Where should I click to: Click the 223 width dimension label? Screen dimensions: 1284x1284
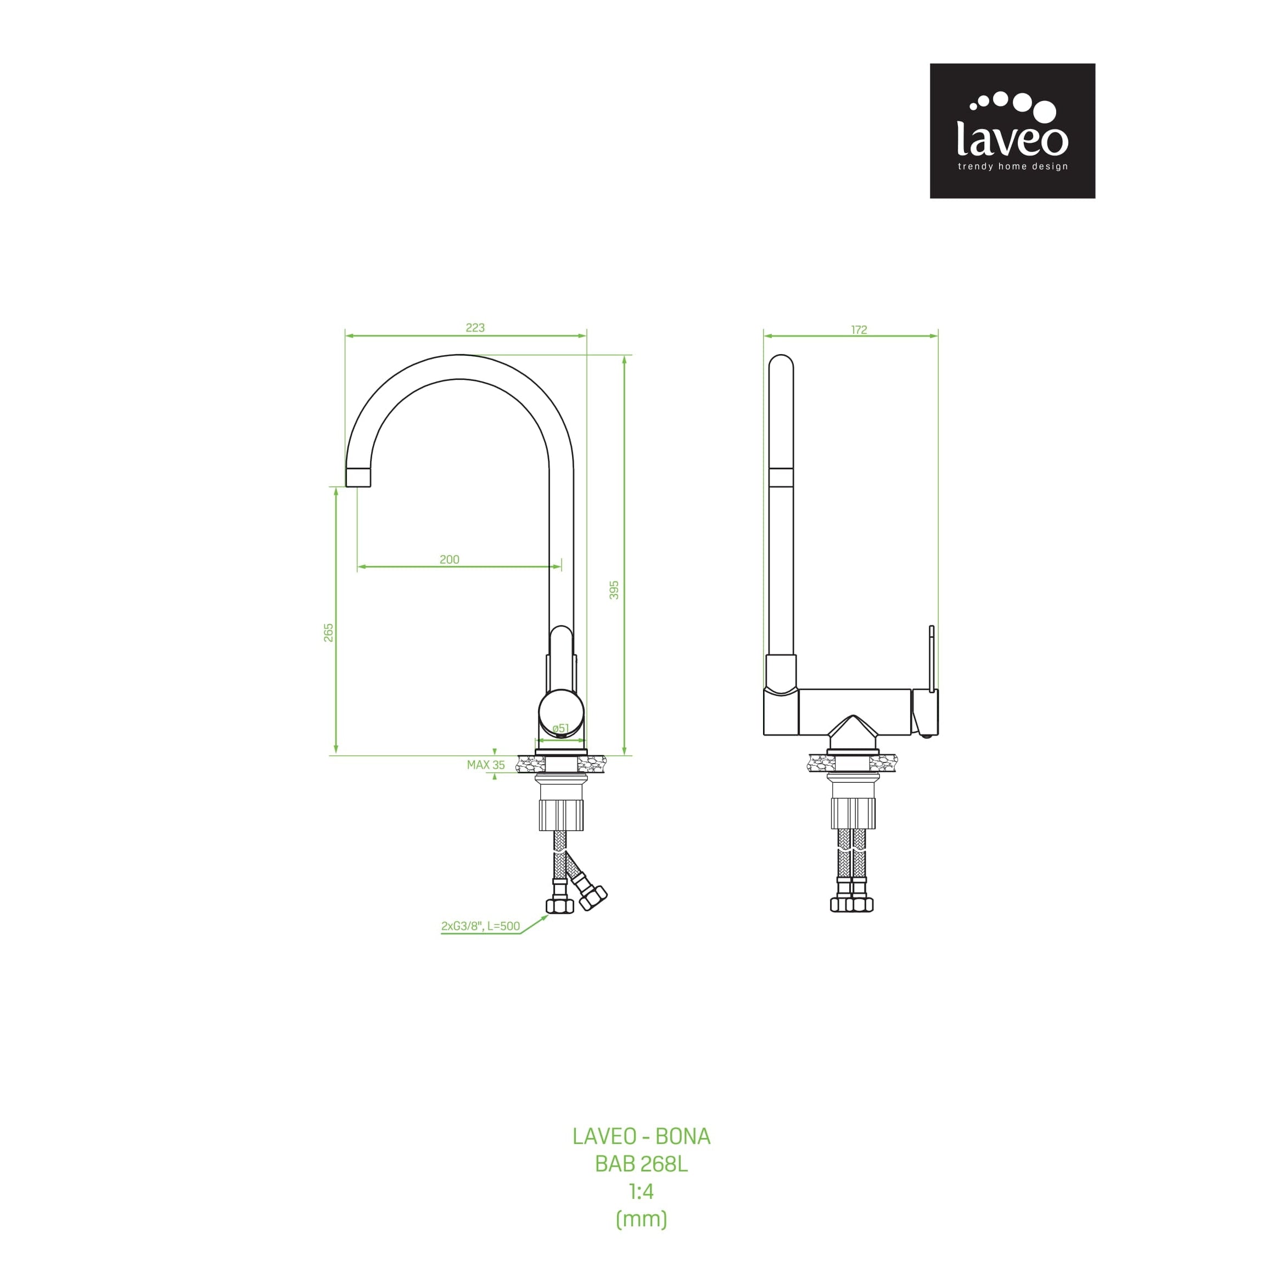pyautogui.click(x=475, y=328)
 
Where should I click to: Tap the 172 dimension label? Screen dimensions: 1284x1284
pyautogui.click(x=859, y=329)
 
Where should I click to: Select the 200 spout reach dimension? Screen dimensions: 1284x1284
pyautogui.click(x=449, y=559)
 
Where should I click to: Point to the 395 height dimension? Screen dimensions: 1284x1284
pyautogui.click(x=614, y=590)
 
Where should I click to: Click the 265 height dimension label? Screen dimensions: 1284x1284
pyautogui.click(x=328, y=633)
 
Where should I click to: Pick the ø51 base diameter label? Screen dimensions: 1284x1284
pyautogui.click(x=561, y=728)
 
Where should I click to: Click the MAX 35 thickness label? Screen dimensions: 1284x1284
pyautogui.click(x=486, y=765)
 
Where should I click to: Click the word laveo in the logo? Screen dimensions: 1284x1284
pyautogui.click(x=1012, y=138)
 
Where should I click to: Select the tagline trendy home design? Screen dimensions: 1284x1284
pyautogui.click(x=1012, y=166)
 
